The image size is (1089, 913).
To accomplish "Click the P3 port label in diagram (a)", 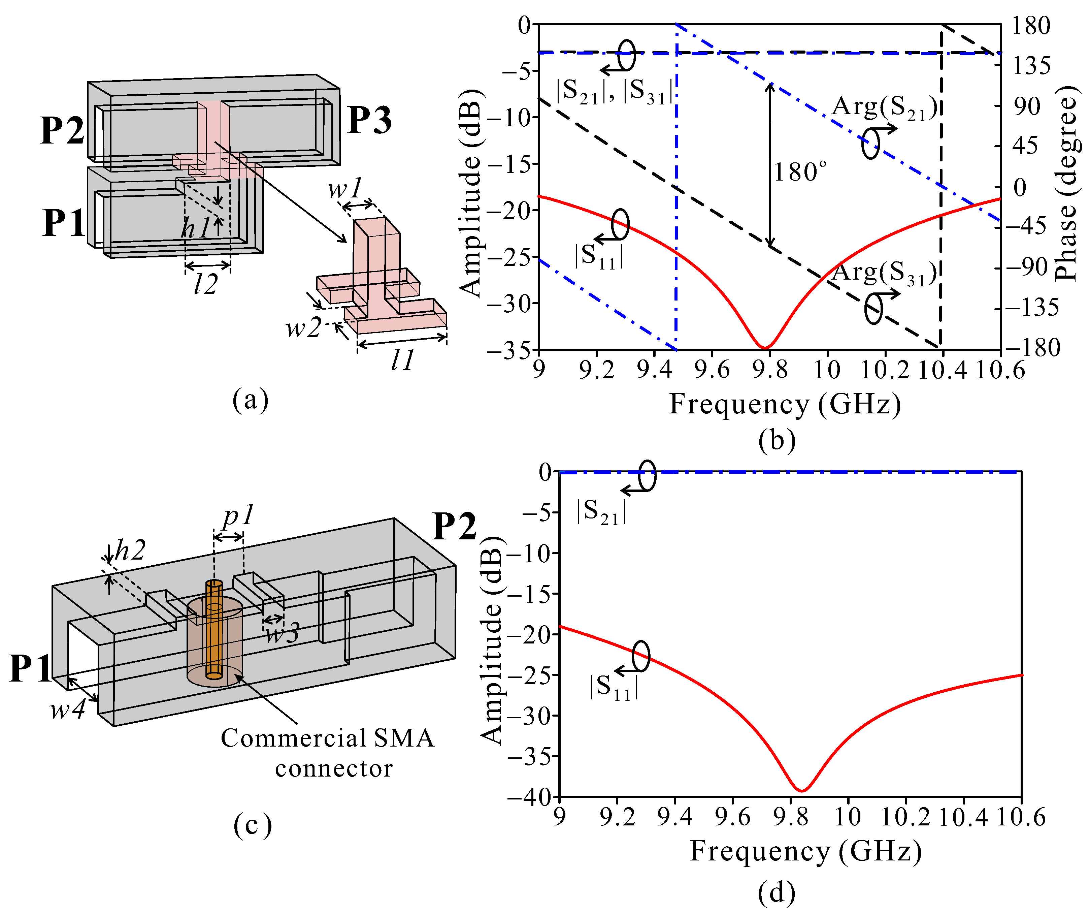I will coord(369,120).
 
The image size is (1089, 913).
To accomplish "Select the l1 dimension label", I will coord(403,359).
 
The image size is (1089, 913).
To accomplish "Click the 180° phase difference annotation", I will coord(799,172).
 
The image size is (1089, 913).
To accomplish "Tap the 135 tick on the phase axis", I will coord(1031,66).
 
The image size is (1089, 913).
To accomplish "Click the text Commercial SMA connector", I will coord(328,753).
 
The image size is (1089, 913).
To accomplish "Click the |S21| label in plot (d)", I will coord(601,511).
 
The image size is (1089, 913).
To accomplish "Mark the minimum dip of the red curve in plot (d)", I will coord(802,790).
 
